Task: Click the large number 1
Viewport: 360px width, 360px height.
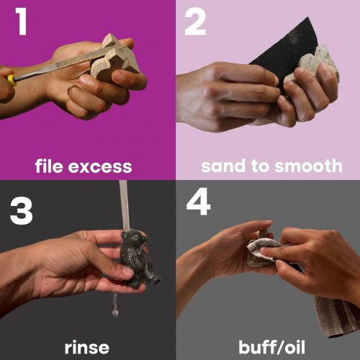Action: point(21,21)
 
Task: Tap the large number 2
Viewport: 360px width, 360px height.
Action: point(195,22)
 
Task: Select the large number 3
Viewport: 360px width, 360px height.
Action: point(21,211)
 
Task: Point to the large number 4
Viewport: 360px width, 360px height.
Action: point(198,201)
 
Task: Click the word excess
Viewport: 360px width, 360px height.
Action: point(100,167)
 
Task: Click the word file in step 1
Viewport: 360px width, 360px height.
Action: point(50,166)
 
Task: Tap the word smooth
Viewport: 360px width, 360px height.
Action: point(308,166)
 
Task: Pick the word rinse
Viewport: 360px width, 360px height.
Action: point(87,347)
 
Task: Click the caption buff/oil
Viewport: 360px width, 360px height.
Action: point(271,347)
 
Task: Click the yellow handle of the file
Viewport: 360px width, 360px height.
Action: point(12,80)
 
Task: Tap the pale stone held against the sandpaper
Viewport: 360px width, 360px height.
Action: point(312,66)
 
